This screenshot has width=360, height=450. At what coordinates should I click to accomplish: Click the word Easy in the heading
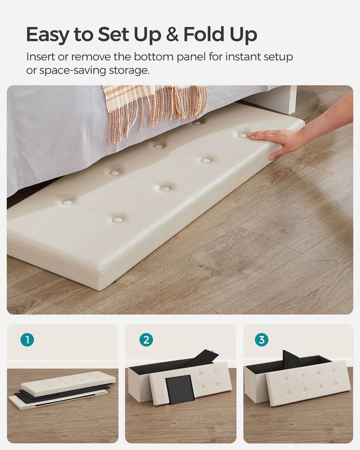pos(49,35)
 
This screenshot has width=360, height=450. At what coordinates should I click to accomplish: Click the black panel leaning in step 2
pos(180,390)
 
